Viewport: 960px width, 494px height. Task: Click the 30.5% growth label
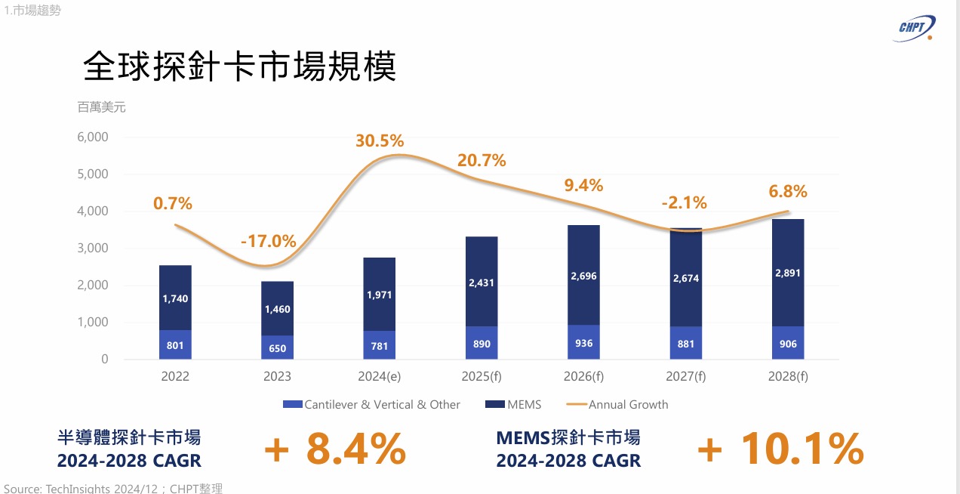(x=380, y=140)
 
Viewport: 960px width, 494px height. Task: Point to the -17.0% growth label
(x=268, y=242)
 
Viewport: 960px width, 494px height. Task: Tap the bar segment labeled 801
(x=175, y=344)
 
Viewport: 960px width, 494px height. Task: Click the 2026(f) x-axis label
(x=583, y=376)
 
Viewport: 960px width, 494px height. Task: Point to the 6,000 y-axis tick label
(x=94, y=137)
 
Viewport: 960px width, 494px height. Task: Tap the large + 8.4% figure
(x=335, y=449)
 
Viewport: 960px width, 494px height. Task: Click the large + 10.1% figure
(x=780, y=449)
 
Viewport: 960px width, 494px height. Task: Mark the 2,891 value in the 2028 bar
(x=787, y=273)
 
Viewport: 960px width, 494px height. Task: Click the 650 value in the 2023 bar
(x=277, y=348)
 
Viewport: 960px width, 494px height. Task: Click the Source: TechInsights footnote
(x=113, y=488)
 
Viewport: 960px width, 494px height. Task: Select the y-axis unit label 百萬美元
(x=101, y=107)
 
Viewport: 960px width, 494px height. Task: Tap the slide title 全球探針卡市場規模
(x=239, y=67)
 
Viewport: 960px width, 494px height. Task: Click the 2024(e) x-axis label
(x=380, y=376)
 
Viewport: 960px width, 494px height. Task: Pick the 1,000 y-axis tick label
(x=94, y=323)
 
